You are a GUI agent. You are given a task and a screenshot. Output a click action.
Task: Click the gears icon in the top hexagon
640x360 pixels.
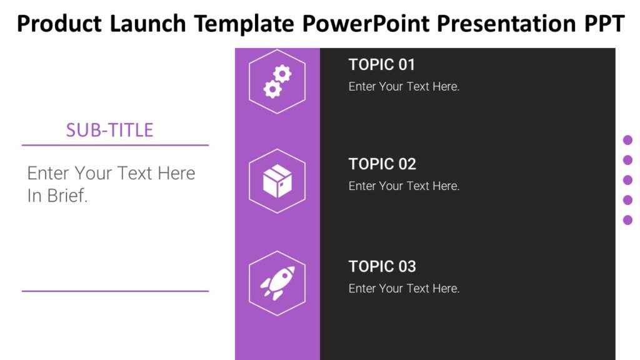[277, 81]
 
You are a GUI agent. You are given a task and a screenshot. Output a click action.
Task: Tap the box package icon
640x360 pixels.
[277, 181]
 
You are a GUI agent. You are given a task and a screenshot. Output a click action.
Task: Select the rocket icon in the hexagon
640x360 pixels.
[277, 282]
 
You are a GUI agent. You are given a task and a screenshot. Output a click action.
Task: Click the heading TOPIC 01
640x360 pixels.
[381, 64]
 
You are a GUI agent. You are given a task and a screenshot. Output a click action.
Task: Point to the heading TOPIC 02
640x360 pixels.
[382, 164]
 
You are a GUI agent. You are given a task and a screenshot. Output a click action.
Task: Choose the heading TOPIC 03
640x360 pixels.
[382, 266]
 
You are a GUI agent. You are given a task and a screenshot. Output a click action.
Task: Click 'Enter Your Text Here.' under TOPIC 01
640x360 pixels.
[404, 86]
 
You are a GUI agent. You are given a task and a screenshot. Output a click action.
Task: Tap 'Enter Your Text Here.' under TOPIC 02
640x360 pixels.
[404, 186]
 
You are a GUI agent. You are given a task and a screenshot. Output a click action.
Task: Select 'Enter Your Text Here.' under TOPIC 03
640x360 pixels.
[404, 288]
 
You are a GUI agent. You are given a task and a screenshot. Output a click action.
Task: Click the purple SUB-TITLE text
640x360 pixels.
[109, 130]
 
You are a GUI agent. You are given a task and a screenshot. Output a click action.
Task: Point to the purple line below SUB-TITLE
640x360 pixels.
[115, 145]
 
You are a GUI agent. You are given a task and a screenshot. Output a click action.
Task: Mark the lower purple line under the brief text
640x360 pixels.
[115, 291]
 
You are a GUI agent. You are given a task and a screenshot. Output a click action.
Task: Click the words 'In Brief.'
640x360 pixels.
[57, 196]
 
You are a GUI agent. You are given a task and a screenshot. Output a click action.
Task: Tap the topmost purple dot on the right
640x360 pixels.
[627, 140]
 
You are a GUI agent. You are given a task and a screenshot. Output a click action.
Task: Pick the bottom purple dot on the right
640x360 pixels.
[627, 220]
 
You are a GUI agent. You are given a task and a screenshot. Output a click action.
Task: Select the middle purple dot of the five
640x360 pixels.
[627, 180]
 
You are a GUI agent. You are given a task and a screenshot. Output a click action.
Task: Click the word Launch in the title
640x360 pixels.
[147, 24]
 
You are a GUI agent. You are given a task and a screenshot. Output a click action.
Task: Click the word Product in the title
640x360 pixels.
[59, 24]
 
